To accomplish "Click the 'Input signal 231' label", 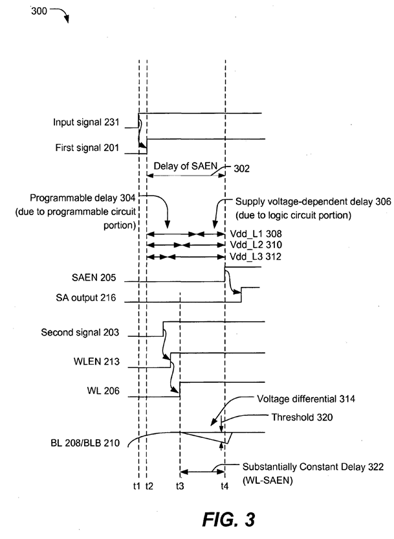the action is (x=86, y=122).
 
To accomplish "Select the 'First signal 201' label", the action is (x=87, y=148).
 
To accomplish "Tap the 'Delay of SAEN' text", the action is (x=185, y=166).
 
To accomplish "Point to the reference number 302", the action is (x=241, y=168).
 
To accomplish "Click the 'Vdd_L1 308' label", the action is (x=256, y=234).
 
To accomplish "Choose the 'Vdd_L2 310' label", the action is (x=256, y=245).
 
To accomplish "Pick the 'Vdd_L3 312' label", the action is (x=256, y=257).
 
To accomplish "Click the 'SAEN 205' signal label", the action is (x=94, y=277).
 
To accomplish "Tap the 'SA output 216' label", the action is (x=86, y=298).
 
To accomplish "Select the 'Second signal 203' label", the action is (x=80, y=332).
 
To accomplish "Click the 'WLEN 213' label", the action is (x=96, y=361).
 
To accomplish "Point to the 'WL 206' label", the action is (x=104, y=391).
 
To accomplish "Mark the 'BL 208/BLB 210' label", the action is (x=85, y=442).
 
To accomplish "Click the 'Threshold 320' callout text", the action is (x=302, y=417).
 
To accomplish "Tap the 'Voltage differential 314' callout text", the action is (x=306, y=399).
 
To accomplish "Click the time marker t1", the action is (x=137, y=486).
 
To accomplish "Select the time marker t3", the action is (x=180, y=486).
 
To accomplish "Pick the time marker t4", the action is (x=224, y=486).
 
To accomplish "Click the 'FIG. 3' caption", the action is (x=228, y=519).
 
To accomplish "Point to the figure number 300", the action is (x=39, y=11).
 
